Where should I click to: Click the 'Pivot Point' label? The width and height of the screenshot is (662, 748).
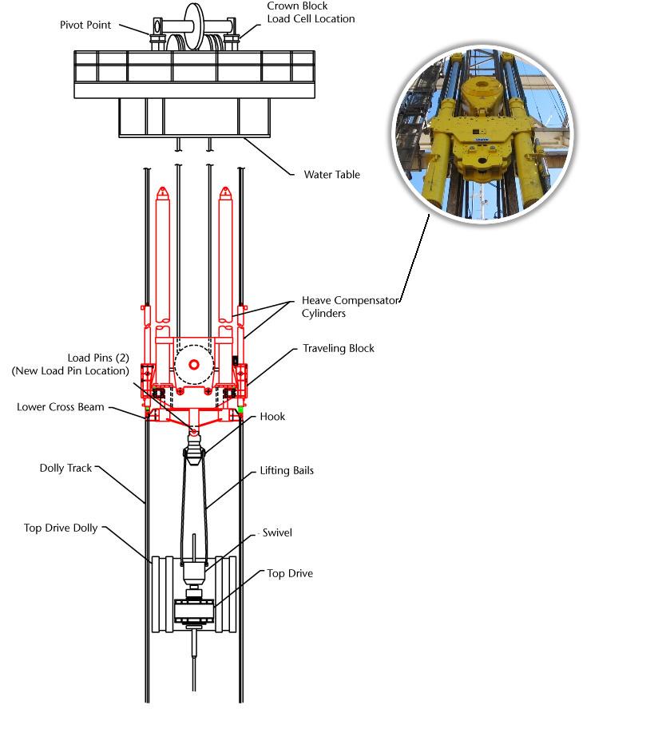point(85,25)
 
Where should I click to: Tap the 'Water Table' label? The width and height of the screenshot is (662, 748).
point(331,174)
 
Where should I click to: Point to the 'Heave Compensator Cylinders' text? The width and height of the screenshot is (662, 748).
point(349,307)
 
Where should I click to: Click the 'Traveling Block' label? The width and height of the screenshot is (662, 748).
point(339,349)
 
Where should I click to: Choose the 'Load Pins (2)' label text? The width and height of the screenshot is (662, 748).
point(70,364)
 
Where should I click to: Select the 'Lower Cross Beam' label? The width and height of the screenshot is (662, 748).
point(61,407)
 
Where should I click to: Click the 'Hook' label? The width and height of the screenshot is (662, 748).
point(272,417)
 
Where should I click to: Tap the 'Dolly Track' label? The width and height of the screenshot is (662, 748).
point(66,468)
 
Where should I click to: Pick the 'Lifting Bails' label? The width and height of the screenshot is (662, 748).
point(287,471)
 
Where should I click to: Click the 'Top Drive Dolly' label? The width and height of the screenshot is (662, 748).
point(61,528)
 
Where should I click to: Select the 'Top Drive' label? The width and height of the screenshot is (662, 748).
point(290,573)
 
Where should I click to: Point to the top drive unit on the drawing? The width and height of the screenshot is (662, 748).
point(192,613)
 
